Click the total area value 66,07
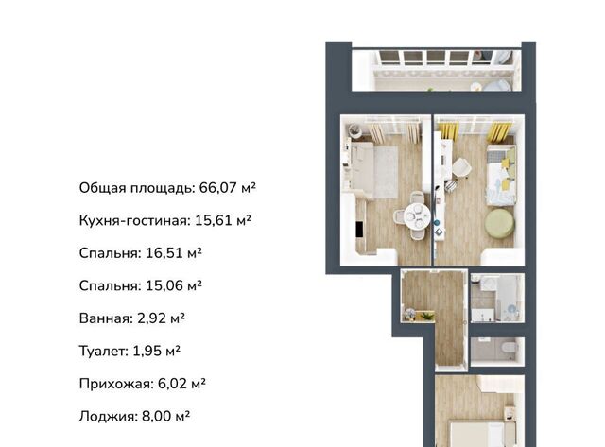[217, 188]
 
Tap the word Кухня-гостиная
[134, 221]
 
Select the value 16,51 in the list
[164, 253]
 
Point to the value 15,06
[164, 285]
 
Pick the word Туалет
[103, 351]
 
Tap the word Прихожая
[116, 384]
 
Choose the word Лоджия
[108, 417]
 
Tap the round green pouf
[499, 223]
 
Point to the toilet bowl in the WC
[510, 348]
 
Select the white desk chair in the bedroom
[461, 168]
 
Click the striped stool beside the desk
[450, 186]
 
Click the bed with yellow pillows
[500, 176]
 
